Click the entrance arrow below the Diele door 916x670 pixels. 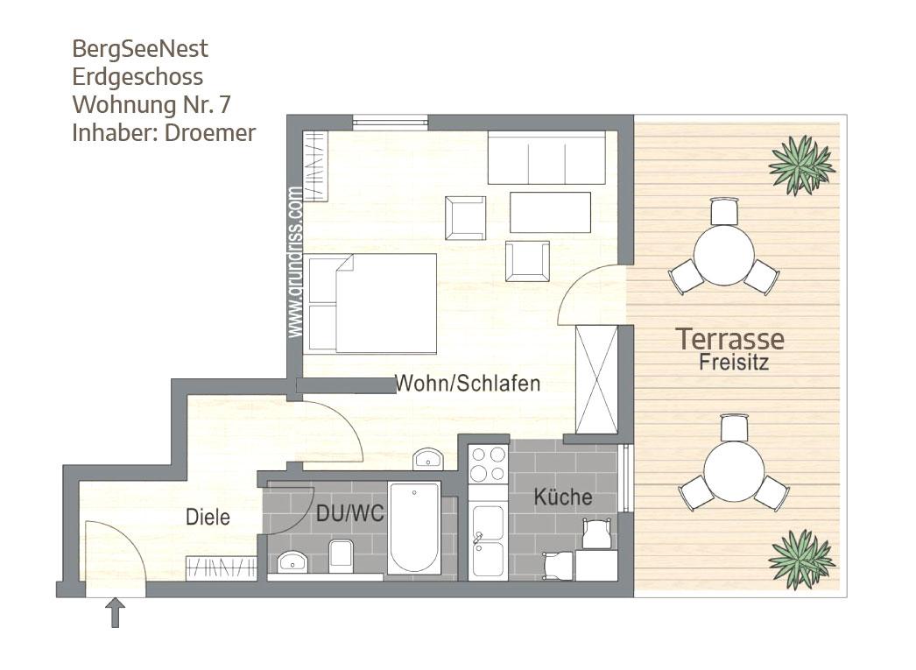(x=115, y=612)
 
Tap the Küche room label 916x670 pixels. (x=563, y=497)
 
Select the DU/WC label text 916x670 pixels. (x=350, y=513)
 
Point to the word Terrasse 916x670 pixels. (x=729, y=339)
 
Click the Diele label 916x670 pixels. (x=208, y=517)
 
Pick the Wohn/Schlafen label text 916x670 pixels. (x=468, y=384)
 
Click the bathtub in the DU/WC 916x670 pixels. (x=414, y=528)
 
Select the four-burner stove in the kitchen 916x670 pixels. (x=488, y=464)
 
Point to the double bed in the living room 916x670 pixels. (x=372, y=304)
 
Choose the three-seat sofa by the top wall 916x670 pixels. (x=546, y=158)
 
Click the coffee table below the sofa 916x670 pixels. (x=550, y=212)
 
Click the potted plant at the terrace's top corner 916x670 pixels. (x=801, y=164)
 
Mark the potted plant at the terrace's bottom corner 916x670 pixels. (x=801, y=559)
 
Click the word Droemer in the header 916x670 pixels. (x=210, y=132)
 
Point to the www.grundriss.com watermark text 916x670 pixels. (x=296, y=262)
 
